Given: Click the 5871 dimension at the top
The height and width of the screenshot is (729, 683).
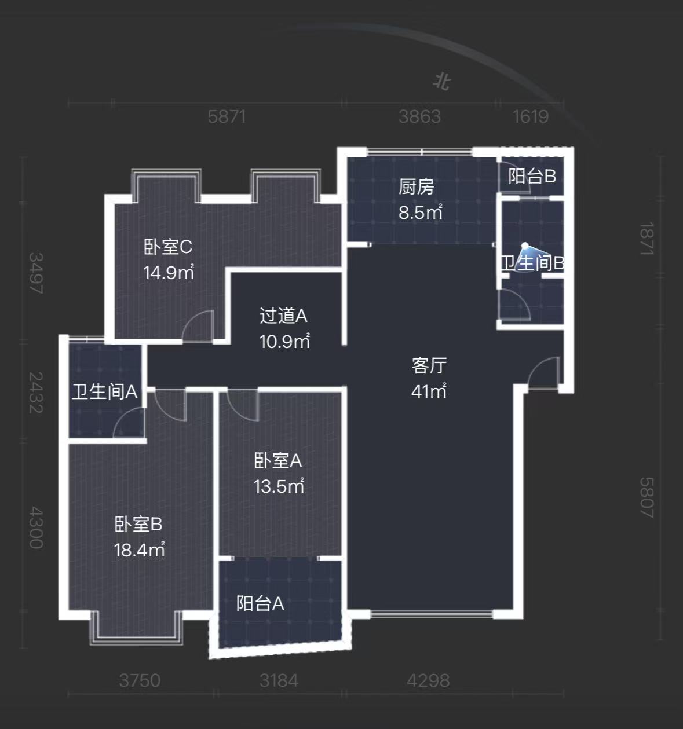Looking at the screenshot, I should pos(227,116).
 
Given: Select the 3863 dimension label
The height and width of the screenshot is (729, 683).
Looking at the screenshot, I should pos(419,116).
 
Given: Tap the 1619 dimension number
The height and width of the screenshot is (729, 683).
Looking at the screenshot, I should pos(530,116).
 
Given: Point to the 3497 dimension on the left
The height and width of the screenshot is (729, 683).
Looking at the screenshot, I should pos(36,273).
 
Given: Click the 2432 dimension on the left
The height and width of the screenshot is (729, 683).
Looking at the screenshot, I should pos(36,392).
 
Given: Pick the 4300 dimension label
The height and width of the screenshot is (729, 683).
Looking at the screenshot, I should pos(36,527).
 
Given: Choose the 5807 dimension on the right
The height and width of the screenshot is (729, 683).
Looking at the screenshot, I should pos(647,497).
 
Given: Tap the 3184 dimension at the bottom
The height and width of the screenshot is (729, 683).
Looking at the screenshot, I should pos(279,680).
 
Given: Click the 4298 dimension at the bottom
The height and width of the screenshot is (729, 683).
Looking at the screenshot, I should pos(428,680).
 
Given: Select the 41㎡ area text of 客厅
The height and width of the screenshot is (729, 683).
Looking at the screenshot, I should pos(429,391).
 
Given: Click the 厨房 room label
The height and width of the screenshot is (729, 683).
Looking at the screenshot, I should pos(416,187).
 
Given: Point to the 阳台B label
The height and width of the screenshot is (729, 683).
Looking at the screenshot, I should pos(532,175).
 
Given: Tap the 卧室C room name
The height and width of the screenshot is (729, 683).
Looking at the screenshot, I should pos(167,247).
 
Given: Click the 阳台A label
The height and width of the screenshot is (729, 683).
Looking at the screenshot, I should pos(260,603).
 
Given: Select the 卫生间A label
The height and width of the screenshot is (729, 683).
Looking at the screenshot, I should pos(104,391).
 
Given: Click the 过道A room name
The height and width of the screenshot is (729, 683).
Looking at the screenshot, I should pos(283,316).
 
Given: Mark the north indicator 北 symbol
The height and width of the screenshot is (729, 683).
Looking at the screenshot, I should pos(442,82).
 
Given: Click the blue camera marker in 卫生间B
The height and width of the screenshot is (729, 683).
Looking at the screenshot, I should pos(525,246).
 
